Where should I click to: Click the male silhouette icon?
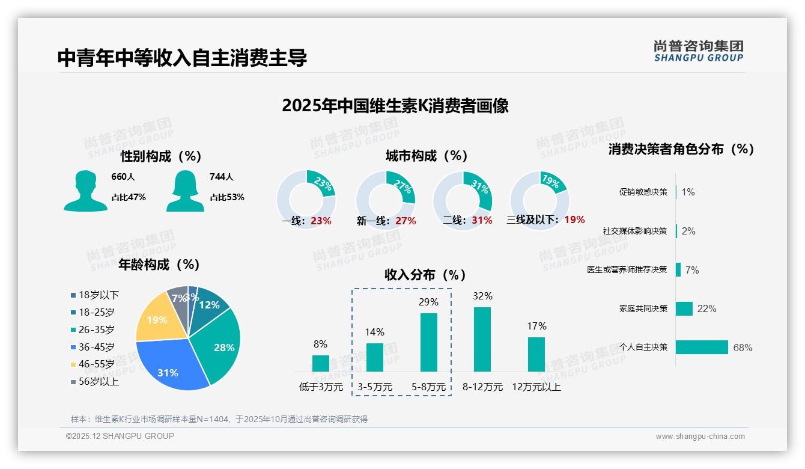click(86, 191)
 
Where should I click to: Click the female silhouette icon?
click(185, 191)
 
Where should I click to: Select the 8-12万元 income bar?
click(482, 339)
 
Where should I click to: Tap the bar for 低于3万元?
click(320, 363)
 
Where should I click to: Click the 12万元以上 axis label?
click(536, 387)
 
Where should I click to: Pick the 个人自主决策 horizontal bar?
click(702, 347)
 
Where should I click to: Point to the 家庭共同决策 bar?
click(684, 308)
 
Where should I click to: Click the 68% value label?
click(743, 348)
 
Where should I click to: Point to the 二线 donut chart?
click(463, 200)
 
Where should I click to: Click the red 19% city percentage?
click(574, 220)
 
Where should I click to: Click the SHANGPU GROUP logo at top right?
click(698, 51)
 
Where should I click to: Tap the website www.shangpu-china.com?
click(700, 437)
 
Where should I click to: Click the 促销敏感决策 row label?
click(643, 192)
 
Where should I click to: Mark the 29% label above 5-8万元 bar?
click(428, 302)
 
